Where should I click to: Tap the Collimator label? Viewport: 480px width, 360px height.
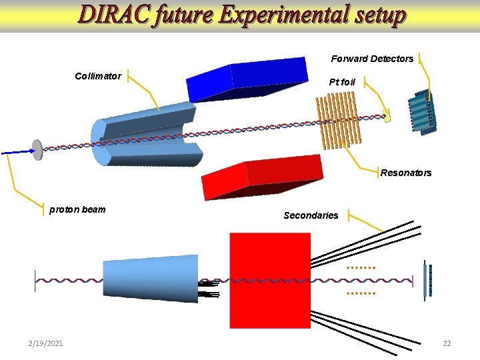pos(98,76)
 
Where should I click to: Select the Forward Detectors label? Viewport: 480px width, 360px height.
pos(372,59)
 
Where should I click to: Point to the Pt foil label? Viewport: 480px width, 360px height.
pos(342,82)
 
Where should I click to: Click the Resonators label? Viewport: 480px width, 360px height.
pos(406,173)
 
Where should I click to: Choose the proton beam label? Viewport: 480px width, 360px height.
pos(77,209)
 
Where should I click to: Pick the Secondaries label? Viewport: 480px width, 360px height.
pos(311,215)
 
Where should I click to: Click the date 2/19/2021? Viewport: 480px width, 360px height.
pos(46,343)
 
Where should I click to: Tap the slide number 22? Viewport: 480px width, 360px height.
pos(447,343)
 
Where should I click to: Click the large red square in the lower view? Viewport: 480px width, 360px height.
pos(270,280)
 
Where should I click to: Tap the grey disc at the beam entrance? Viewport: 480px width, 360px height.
pos(37,149)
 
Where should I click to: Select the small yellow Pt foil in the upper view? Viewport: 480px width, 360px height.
pos(387,115)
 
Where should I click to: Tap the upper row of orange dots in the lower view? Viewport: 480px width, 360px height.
pos(361,267)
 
